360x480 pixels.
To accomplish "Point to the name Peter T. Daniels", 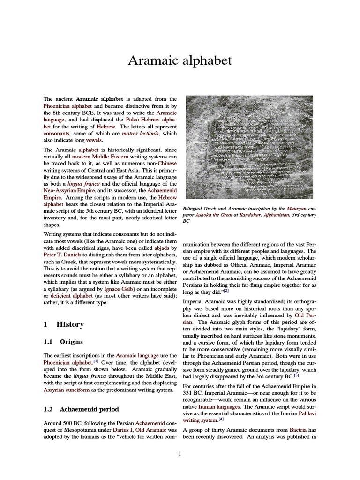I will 62,255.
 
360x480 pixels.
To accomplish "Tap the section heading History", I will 70,324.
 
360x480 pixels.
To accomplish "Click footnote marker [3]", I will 296,375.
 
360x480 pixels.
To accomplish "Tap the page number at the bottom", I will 180,453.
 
